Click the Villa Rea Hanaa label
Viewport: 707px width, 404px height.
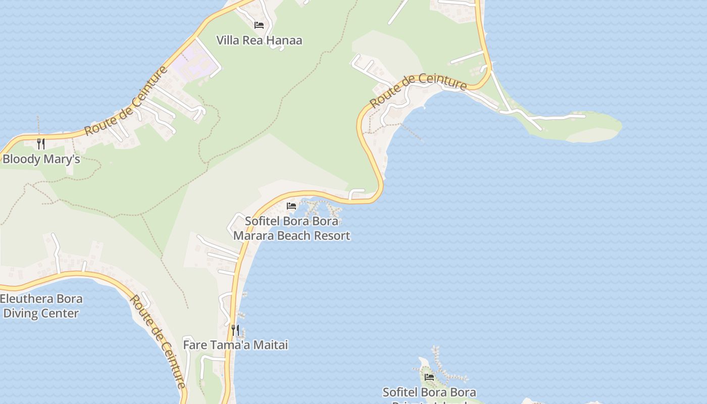click(x=259, y=40)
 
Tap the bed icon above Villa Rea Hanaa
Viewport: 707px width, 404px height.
click(x=259, y=25)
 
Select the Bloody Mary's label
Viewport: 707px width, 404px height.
click(x=41, y=159)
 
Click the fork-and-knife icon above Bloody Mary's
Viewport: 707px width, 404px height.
click(x=41, y=144)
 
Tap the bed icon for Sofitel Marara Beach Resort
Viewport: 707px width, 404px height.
click(x=291, y=206)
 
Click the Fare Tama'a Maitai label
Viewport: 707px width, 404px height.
click(x=235, y=345)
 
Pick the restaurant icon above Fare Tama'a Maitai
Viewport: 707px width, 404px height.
click(x=235, y=330)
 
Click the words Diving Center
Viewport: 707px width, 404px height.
click(x=41, y=313)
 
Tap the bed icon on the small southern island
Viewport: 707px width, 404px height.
click(x=429, y=377)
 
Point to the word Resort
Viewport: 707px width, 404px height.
click(x=332, y=235)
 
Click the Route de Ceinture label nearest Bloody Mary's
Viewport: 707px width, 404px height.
click(x=126, y=101)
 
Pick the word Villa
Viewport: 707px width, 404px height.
click(x=228, y=40)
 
